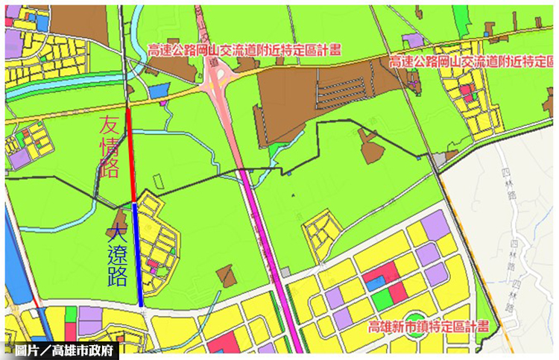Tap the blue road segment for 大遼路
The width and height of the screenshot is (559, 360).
138,253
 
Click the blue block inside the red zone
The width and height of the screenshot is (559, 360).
375,282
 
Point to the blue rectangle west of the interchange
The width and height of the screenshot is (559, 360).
159,92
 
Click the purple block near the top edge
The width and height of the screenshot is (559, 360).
412,40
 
